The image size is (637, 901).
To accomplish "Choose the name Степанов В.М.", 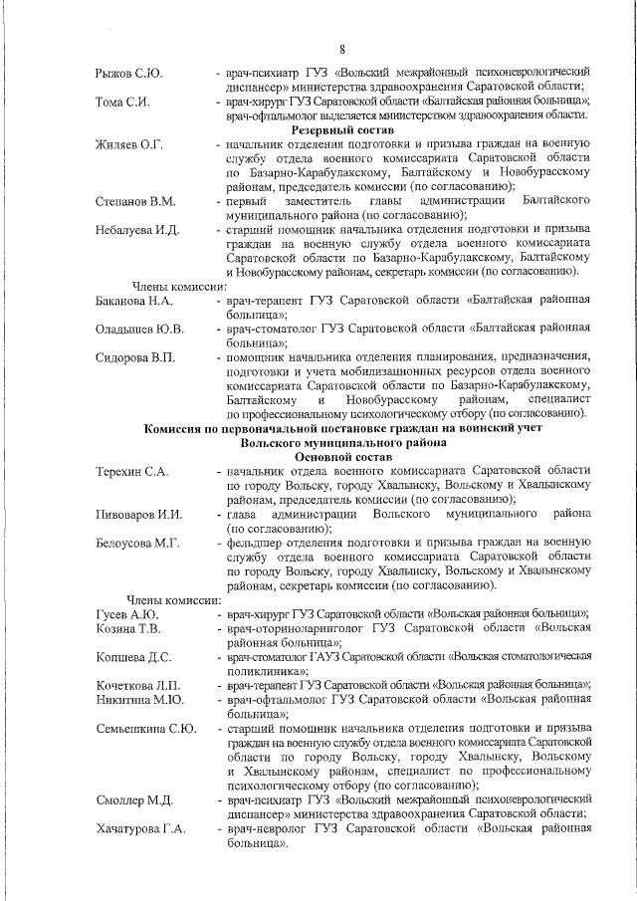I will click(135, 201).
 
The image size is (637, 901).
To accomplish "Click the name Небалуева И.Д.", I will click(136, 230).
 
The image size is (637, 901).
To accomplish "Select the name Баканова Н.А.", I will click(135, 300).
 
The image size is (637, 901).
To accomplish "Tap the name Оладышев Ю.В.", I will click(139, 329).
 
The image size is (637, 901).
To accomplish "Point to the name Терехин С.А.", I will click(131, 471).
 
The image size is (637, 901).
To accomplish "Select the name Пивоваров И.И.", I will click(138, 514).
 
